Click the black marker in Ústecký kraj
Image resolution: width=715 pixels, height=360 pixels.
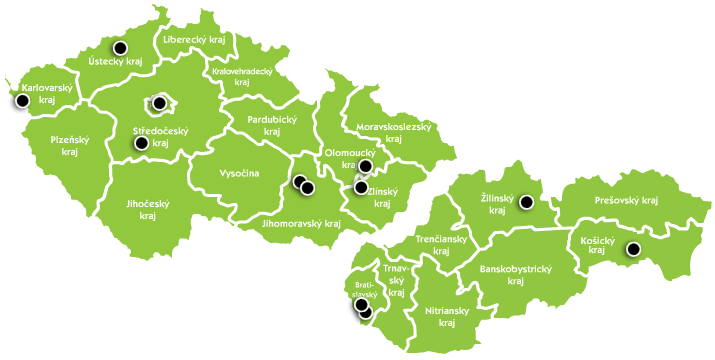click(x=120, y=48)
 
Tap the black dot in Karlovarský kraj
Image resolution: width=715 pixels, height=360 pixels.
click(x=23, y=100)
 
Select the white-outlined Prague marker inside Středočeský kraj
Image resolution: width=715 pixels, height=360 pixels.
click(x=159, y=102)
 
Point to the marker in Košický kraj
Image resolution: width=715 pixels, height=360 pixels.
click(x=632, y=249)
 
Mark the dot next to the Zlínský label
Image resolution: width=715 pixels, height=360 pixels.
click(x=361, y=187)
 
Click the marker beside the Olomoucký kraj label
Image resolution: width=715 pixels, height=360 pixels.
click(x=366, y=165)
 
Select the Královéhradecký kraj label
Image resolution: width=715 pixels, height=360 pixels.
click(x=242, y=77)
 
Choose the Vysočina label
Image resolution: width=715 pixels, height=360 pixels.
click(x=239, y=173)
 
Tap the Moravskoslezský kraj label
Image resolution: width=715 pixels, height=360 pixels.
click(x=393, y=133)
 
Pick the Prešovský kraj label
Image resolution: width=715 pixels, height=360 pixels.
click(x=624, y=201)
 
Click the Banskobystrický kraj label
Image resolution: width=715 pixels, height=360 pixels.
click(x=516, y=274)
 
